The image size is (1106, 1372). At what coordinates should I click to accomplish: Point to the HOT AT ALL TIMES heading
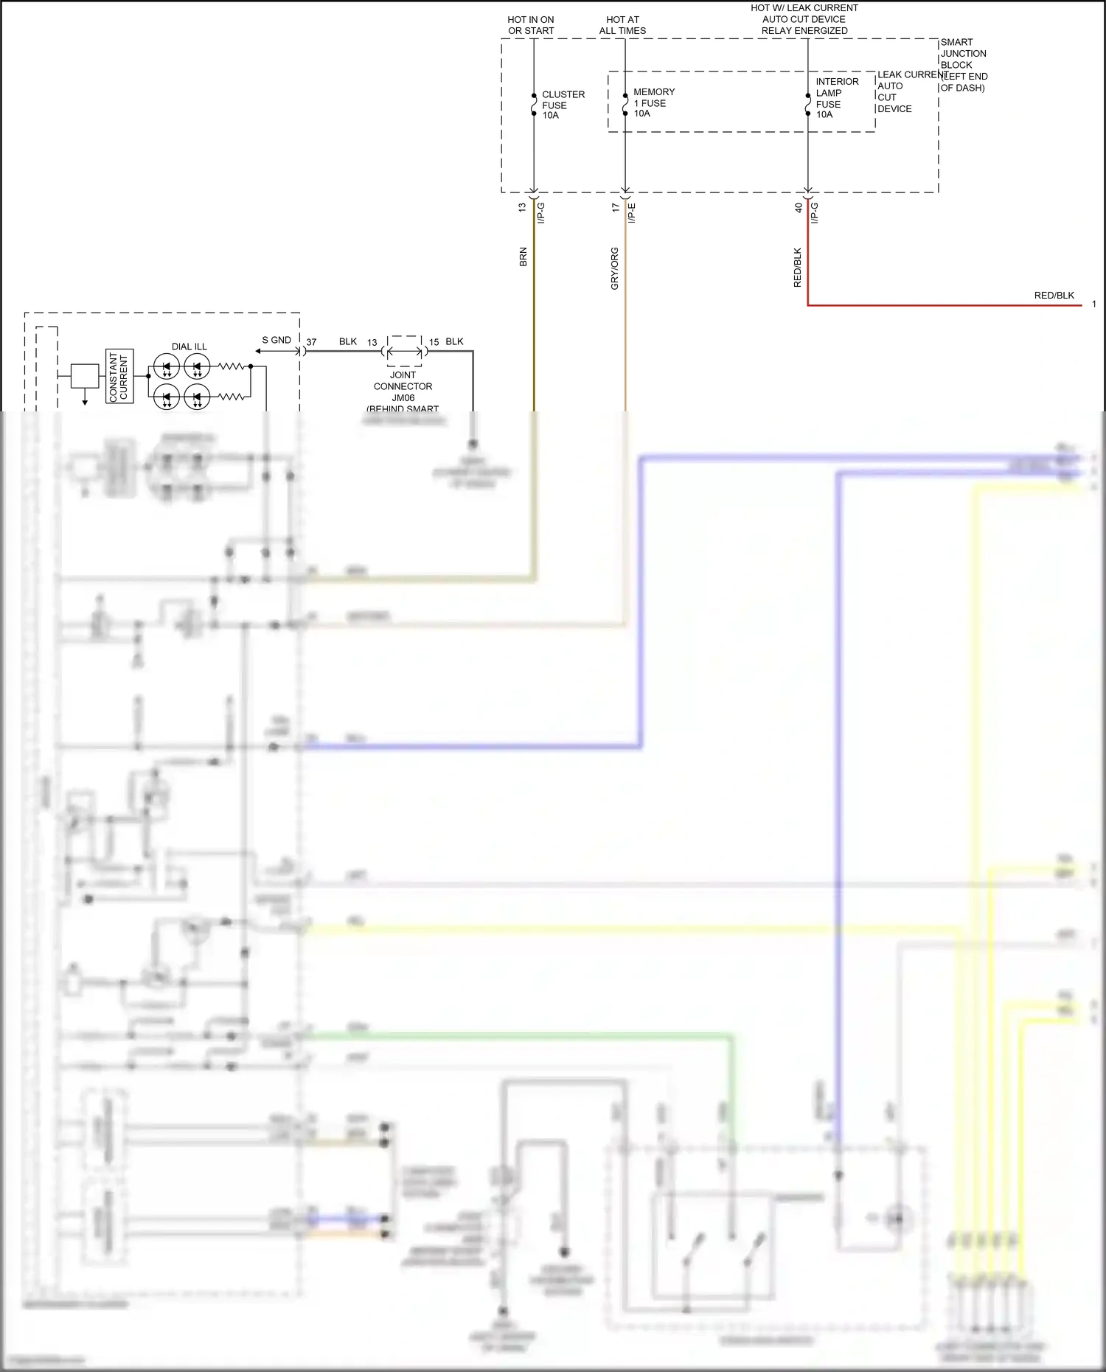click(622, 25)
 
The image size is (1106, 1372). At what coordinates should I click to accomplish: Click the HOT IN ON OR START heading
click(531, 25)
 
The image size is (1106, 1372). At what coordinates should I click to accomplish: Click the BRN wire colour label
click(524, 257)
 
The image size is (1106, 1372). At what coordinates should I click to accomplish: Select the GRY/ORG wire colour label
click(615, 268)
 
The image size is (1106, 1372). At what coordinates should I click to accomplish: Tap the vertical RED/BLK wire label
click(797, 267)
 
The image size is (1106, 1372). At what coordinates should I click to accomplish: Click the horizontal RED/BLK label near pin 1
click(1054, 295)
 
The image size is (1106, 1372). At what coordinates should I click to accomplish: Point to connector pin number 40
click(799, 208)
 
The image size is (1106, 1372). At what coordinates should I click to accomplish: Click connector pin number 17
click(616, 208)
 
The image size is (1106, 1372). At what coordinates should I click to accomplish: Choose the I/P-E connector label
click(632, 213)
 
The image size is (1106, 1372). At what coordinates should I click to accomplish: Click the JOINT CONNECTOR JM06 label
click(403, 386)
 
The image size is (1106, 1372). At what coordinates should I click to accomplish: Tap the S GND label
click(276, 340)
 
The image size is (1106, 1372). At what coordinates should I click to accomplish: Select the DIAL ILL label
click(189, 347)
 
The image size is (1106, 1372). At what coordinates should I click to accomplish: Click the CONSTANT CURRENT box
click(119, 376)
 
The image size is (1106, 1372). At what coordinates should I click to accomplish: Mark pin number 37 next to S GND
click(311, 342)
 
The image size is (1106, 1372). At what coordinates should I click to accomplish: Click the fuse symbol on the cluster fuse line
click(534, 105)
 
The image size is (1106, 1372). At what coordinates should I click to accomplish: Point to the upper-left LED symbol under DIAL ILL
click(167, 366)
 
